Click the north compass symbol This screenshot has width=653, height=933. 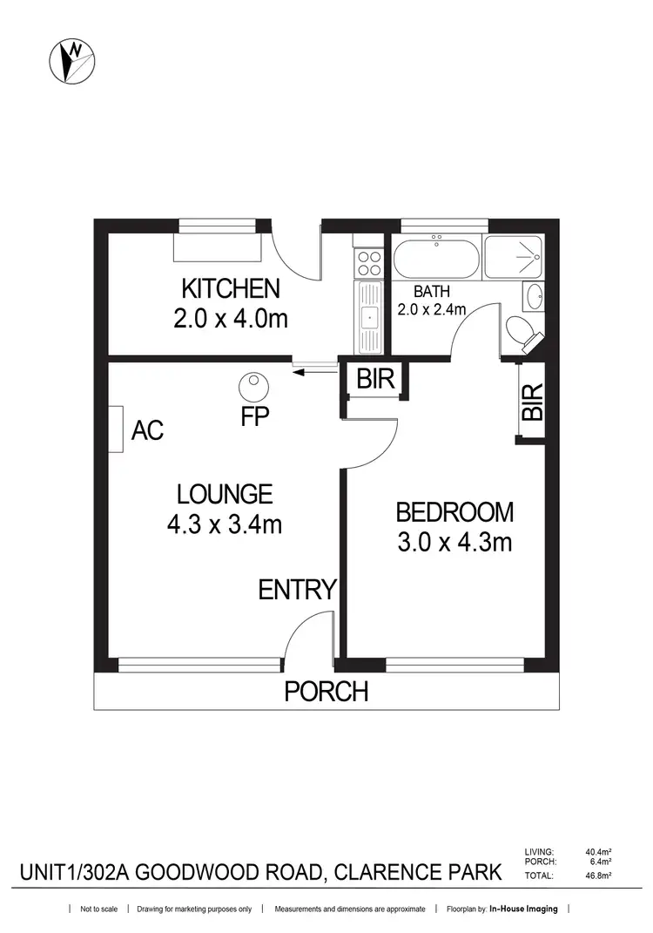[71, 62]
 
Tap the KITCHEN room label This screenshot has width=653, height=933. [230, 288]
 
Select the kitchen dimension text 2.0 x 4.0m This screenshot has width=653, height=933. [230, 318]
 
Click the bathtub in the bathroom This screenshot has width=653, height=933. [435, 258]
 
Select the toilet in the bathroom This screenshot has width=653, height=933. [522, 333]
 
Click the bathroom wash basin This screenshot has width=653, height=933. [534, 297]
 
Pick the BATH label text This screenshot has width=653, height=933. [431, 292]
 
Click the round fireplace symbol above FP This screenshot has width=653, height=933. [253, 384]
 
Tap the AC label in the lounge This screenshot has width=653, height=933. [148, 429]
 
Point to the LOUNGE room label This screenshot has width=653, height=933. [225, 495]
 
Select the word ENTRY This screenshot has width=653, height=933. [297, 590]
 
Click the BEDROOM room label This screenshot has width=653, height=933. [454, 511]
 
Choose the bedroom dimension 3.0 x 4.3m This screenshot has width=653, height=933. [454, 542]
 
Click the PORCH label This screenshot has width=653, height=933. [326, 692]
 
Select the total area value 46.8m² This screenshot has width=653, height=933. [599, 874]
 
